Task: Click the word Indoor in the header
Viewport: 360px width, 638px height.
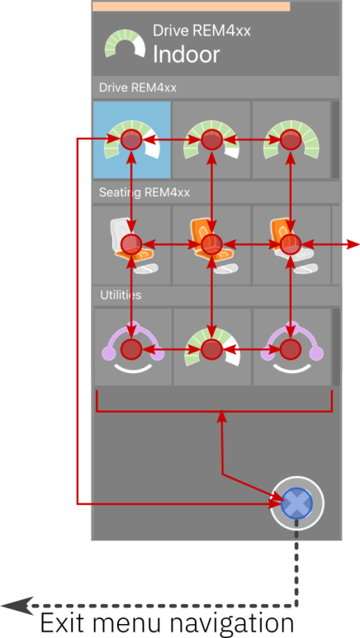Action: tap(186, 54)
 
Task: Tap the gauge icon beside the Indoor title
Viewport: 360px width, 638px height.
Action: tap(125, 44)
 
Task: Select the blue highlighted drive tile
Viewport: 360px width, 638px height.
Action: tap(131, 139)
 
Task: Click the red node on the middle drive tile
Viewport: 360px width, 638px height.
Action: tap(211, 139)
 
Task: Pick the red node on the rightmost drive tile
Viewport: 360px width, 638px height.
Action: tap(291, 139)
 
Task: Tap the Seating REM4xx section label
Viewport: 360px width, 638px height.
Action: tap(144, 192)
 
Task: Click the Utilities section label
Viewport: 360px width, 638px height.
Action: tap(121, 295)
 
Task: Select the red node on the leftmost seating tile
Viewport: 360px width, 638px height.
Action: tap(131, 244)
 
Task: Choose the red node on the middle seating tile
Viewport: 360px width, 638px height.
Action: tap(211, 244)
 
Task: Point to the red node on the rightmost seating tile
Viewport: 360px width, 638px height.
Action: tap(291, 244)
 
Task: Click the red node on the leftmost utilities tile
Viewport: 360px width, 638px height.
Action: tap(131, 348)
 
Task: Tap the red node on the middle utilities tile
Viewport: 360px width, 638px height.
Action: tap(211, 348)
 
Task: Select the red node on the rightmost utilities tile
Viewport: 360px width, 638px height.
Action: tap(291, 348)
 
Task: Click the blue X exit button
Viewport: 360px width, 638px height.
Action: tap(297, 503)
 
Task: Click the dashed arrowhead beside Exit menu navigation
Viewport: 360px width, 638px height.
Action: tap(17, 606)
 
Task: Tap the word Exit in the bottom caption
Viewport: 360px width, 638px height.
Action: tap(64, 623)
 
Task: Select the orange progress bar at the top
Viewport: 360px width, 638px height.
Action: tap(191, 7)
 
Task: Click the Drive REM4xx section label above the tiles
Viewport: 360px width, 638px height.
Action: tap(138, 87)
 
